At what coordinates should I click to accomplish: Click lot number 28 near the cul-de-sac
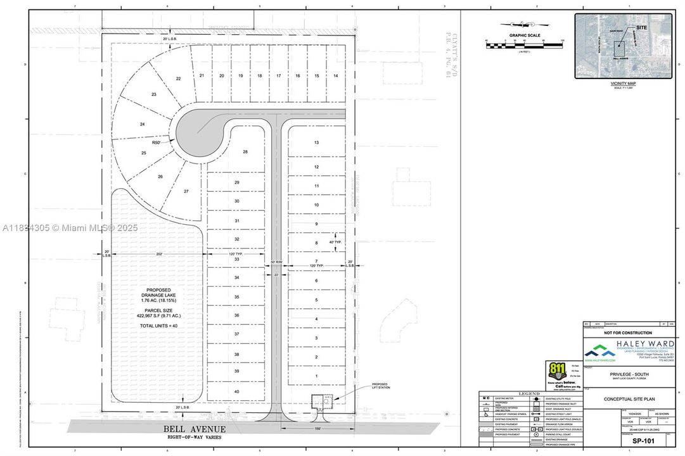coord(245,151)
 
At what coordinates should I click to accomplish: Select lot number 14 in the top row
coord(336,75)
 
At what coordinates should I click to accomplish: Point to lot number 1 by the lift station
coord(316,377)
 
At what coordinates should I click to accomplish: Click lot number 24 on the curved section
coord(143,124)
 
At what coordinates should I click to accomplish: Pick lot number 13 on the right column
coord(316,142)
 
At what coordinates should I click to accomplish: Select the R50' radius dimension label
coord(155,143)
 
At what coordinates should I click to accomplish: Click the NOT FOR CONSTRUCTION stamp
coord(627,332)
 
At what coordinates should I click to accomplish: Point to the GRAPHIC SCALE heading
coord(525,35)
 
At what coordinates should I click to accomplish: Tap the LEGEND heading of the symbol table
coord(529,394)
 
